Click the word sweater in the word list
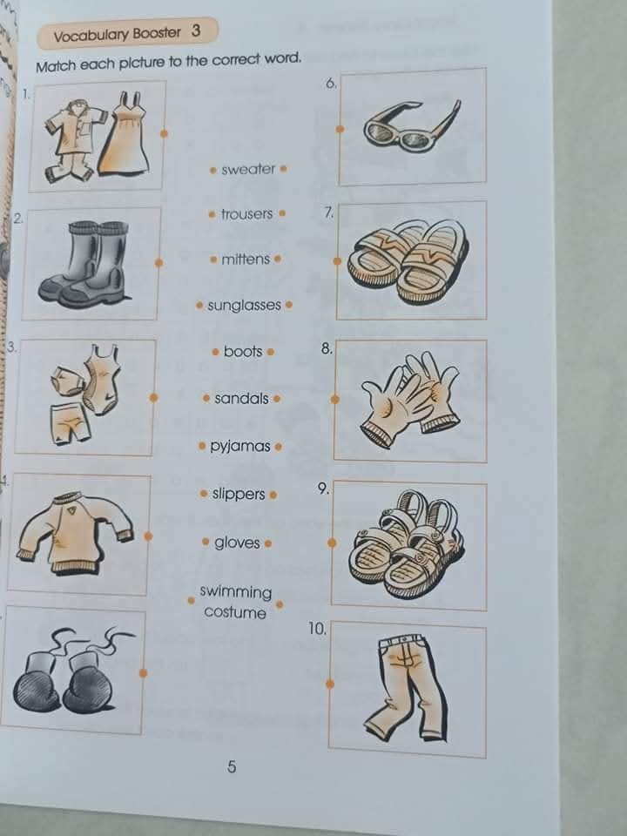pyautogui.click(x=248, y=169)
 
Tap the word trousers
pyautogui.click(x=246, y=214)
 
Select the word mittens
pyautogui.click(x=246, y=260)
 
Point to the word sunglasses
pyautogui.click(x=244, y=306)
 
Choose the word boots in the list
pyautogui.click(x=243, y=352)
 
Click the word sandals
pyautogui.click(x=241, y=399)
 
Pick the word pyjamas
pyautogui.click(x=240, y=447)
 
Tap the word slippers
pyautogui.click(x=239, y=495)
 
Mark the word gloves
pyautogui.click(x=237, y=543)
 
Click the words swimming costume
pyautogui.click(x=235, y=602)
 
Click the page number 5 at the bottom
pyautogui.click(x=232, y=767)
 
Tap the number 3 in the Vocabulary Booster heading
pyautogui.click(x=196, y=32)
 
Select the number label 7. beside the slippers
pyautogui.click(x=328, y=212)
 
